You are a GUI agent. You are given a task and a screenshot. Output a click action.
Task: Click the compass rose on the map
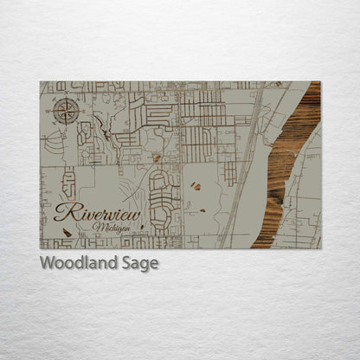point(67,111)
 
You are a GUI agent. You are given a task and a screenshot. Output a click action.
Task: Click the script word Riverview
point(97,213)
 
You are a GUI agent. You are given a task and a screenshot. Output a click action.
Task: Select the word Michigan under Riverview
point(108,227)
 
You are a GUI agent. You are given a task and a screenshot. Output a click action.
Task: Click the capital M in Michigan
point(95,227)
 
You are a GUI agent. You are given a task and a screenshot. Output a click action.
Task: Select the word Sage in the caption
point(139,264)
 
